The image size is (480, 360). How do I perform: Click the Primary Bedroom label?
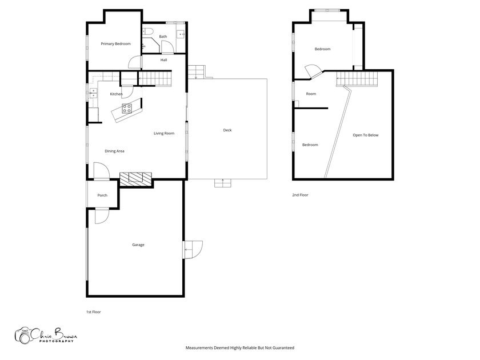click(x=115, y=44)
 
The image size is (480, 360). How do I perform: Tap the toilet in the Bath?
click(x=148, y=31)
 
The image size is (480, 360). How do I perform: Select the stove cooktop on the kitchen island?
click(x=127, y=109)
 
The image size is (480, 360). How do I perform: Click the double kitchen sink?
click(x=93, y=93)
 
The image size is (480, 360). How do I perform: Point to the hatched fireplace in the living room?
click(x=135, y=179)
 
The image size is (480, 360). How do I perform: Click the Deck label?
click(x=227, y=130)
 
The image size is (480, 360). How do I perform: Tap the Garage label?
click(x=138, y=245)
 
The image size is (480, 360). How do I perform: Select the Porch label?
click(x=102, y=195)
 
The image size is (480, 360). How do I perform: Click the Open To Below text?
click(x=366, y=135)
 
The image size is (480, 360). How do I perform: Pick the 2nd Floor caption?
click(x=300, y=195)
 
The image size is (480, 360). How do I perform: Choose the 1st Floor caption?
click(x=93, y=312)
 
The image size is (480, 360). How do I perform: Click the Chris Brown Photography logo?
click(x=46, y=335)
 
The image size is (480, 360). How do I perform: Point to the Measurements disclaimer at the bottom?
click(x=239, y=348)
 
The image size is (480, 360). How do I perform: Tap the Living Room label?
click(x=164, y=133)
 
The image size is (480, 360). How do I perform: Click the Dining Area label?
click(x=114, y=151)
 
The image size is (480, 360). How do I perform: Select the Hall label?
click(x=164, y=60)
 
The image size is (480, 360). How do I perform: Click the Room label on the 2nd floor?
click(x=311, y=94)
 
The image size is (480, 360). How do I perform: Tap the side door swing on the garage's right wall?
click(x=193, y=250)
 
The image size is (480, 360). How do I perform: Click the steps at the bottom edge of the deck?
click(x=222, y=183)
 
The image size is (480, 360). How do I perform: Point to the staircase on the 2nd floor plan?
click(x=357, y=79)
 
